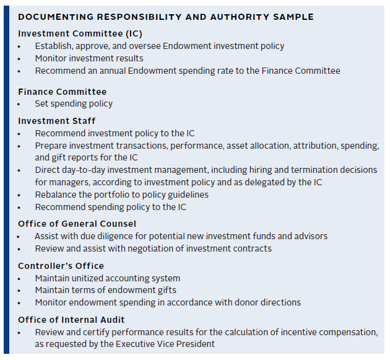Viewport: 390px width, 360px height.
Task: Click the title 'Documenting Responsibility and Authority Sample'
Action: pos(165,17)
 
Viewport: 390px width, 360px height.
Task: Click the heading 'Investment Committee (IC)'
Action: pos(80,33)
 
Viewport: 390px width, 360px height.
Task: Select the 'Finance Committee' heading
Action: pos(62,92)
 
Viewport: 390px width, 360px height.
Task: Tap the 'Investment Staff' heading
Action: pos(56,121)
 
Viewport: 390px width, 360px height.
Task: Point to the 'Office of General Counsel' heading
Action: pos(77,224)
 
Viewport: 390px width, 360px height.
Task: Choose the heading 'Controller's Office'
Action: pos(61,266)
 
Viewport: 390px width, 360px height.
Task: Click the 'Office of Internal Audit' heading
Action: pos(71,320)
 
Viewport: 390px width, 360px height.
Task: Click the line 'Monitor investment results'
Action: pos(89,58)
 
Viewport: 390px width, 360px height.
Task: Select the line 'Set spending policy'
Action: pos(74,103)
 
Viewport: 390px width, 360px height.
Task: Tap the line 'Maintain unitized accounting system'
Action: pos(107,278)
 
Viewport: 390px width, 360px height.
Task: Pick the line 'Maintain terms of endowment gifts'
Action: pos(105,290)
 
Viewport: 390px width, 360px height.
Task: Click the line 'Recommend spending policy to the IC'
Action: pos(110,206)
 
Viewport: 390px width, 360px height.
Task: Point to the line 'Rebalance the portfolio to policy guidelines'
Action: pos(121,194)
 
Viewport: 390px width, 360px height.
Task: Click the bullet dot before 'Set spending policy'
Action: pos(20,104)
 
